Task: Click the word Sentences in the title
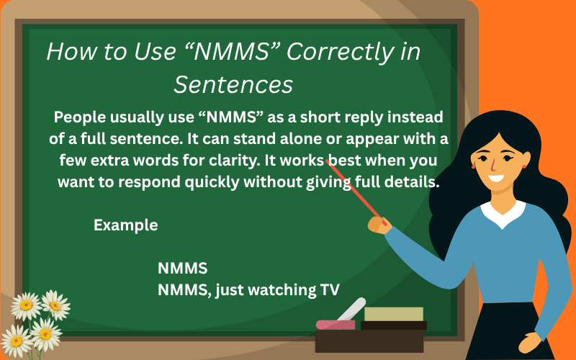233,84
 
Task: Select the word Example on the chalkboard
125,225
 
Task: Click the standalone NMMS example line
183,269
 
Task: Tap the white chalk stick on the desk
352,310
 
